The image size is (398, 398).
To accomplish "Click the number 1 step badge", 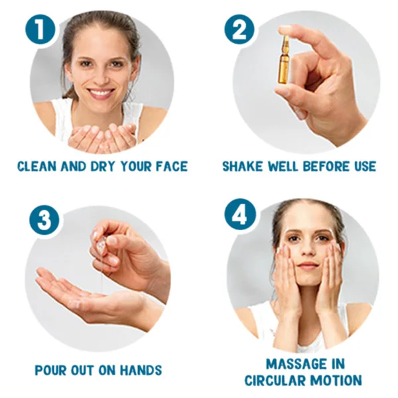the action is tap(40, 30).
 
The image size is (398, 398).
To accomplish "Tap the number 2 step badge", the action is tap(239, 30).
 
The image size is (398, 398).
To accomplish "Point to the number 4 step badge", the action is tap(240, 214).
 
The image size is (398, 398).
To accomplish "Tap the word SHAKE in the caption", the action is tap(239, 166).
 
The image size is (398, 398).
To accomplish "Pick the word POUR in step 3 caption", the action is tap(50, 370).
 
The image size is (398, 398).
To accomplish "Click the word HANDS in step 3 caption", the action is tap(141, 370).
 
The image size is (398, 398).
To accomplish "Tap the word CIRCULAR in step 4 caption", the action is tap(276, 380).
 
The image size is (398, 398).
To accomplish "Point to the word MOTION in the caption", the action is tap(336, 380).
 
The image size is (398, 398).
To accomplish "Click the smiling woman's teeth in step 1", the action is tap(101, 92).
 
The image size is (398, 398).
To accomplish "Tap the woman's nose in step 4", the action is tap(308, 249).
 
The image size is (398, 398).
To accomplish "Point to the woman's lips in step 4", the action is tap(308, 265).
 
